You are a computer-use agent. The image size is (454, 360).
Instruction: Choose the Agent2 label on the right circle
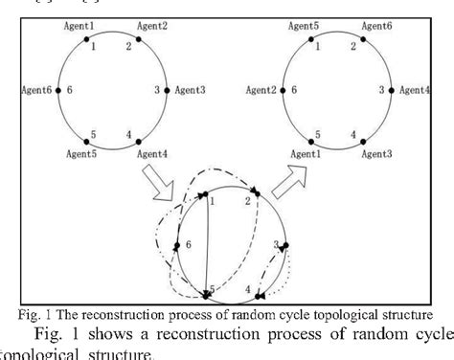point(262,90)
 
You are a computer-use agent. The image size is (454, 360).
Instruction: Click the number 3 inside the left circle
point(156,90)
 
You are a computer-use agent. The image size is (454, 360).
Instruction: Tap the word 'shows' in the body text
point(113,334)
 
